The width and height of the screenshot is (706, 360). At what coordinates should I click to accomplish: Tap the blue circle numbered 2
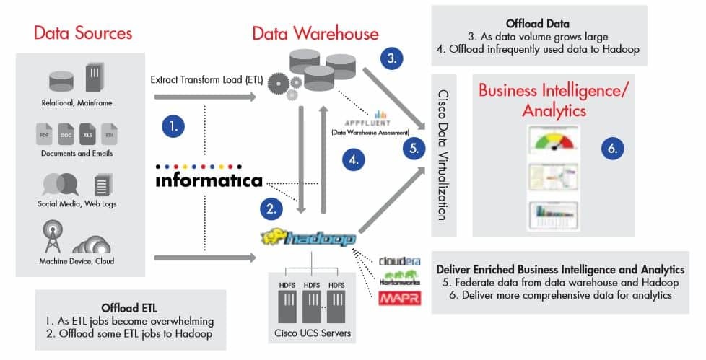[271, 209]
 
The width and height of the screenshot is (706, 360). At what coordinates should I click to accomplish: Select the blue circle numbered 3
[391, 58]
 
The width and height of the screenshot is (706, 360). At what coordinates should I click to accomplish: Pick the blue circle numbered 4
[352, 160]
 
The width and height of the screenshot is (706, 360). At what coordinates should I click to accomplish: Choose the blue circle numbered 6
[612, 148]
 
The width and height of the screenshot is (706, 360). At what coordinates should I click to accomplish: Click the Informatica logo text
[209, 180]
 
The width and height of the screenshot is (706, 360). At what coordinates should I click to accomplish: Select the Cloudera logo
[399, 261]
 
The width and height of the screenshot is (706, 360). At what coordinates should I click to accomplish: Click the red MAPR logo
[399, 299]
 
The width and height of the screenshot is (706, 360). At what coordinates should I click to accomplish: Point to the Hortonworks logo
[399, 279]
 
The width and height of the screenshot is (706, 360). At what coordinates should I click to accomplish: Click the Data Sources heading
[83, 33]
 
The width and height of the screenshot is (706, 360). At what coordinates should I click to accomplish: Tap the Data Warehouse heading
[315, 33]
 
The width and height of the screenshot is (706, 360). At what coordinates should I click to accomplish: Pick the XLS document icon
[88, 134]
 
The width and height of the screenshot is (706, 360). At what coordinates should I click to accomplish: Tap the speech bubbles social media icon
[59, 184]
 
